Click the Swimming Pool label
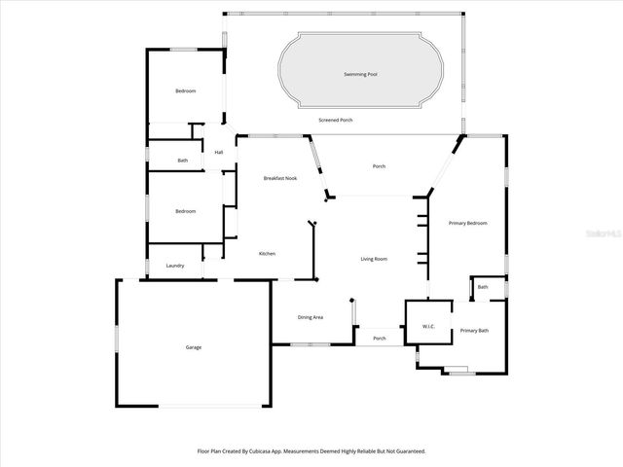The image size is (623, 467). (x=361, y=74)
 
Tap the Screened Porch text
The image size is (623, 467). (x=336, y=120)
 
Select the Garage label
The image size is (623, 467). (x=194, y=347)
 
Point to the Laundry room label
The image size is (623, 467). (x=175, y=266)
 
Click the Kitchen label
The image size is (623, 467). (x=267, y=254)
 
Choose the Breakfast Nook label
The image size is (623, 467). (x=280, y=178)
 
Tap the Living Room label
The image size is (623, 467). (x=374, y=259)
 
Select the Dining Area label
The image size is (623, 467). (x=311, y=317)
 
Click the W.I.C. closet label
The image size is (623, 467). (x=428, y=326)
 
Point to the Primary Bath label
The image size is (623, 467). (x=474, y=331)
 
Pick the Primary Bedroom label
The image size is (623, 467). (x=467, y=224)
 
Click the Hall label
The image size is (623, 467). (x=219, y=153)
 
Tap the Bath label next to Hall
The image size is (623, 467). (x=183, y=161)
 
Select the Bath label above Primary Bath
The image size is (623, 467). (x=483, y=287)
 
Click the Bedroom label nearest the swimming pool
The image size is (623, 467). (x=185, y=90)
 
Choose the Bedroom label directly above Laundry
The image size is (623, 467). (x=185, y=211)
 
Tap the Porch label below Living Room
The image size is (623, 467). (x=380, y=339)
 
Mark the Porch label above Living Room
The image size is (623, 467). (x=379, y=166)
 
